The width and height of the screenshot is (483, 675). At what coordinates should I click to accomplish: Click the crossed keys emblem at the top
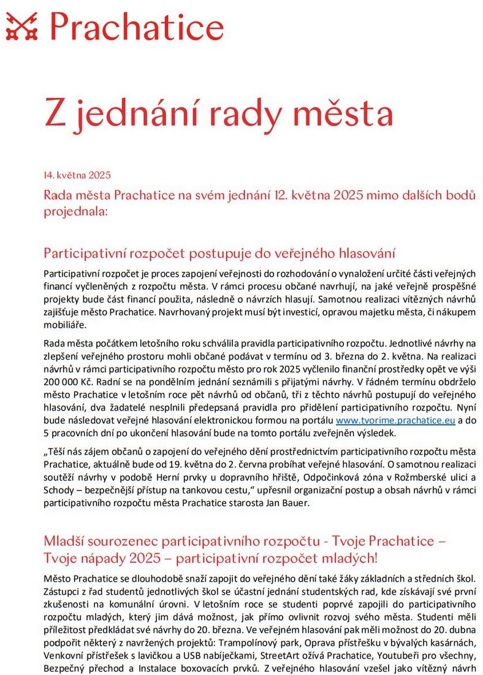click(23, 28)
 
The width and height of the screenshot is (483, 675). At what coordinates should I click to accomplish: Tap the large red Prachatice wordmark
click(136, 28)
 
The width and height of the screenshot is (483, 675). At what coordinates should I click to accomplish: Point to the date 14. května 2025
click(77, 175)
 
